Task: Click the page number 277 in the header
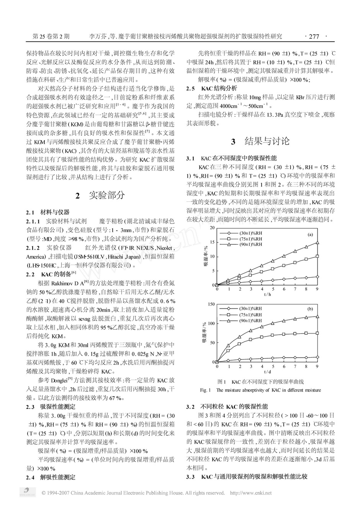(314, 37)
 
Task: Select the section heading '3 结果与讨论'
(260, 141)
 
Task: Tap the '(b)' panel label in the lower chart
(311, 309)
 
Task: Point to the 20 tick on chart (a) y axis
(212, 228)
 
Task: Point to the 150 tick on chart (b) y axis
(211, 304)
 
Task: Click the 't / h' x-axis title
(267, 294)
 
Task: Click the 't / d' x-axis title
(267, 371)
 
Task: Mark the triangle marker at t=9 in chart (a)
(317, 242)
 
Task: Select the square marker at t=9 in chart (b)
(317, 333)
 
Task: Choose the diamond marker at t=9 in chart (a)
(317, 276)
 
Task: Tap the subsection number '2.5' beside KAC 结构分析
(191, 88)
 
